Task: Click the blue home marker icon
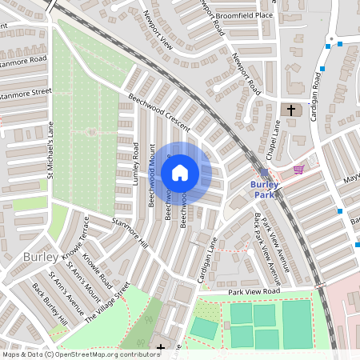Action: (x=180, y=172)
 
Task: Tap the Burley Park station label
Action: (x=264, y=190)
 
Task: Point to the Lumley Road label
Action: (x=136, y=164)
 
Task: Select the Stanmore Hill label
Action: (x=130, y=232)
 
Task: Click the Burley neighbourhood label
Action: (x=39, y=258)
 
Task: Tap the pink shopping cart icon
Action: (x=299, y=169)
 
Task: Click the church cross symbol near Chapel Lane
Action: (x=290, y=109)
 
